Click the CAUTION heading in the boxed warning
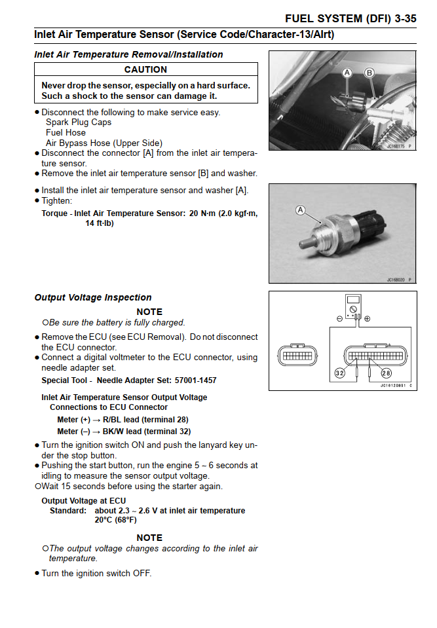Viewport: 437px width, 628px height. click(145, 69)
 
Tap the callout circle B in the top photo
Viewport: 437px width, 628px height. click(370, 72)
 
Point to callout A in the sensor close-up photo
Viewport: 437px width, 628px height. click(301, 210)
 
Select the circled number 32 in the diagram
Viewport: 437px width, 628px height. click(339, 373)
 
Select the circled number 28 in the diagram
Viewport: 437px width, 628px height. click(386, 373)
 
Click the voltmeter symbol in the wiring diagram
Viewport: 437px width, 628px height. click(353, 307)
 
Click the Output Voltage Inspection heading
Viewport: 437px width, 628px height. click(93, 297)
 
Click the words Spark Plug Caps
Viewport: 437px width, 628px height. click(79, 122)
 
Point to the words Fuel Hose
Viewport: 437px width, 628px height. click(66, 132)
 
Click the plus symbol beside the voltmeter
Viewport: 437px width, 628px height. click(368, 319)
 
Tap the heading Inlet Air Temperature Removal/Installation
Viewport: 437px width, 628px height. click(128, 54)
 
